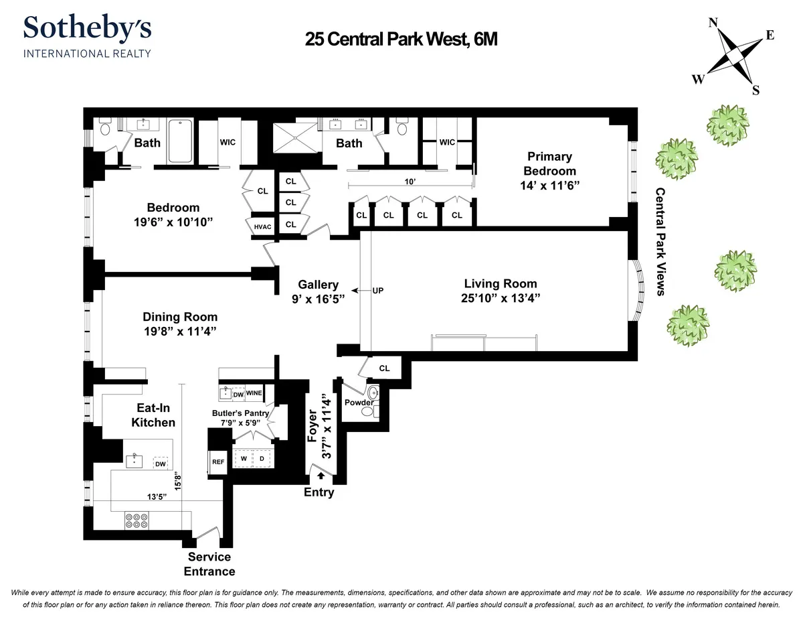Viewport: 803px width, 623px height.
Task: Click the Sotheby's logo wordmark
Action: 87,29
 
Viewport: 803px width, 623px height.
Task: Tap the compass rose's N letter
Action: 713,23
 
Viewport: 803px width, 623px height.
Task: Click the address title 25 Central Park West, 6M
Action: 401,40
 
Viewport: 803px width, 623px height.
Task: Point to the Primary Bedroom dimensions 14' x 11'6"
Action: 548,185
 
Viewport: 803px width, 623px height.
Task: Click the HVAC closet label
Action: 262,226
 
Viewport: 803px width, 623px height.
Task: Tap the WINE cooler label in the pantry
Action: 254,393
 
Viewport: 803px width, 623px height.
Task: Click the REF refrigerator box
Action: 218,462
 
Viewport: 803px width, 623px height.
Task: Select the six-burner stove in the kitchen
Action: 136,520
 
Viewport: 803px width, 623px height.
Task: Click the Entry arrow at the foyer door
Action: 321,476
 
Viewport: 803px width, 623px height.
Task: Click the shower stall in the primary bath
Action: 295,141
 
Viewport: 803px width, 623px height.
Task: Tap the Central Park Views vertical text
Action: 660,240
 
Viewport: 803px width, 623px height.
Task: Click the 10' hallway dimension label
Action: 410,182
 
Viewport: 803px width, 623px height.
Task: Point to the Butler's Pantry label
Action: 240,413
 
